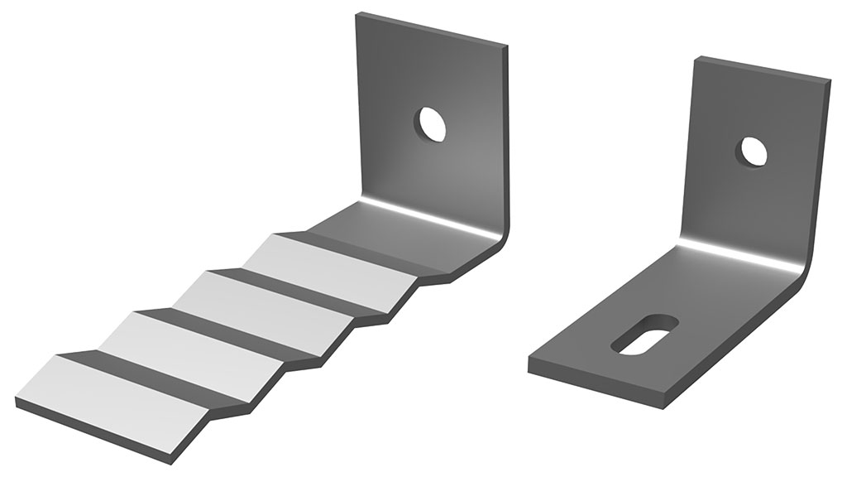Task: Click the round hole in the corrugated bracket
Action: (x=431, y=124)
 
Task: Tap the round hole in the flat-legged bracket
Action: (x=754, y=151)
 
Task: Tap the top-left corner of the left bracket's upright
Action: (x=358, y=13)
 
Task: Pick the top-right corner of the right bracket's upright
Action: (x=829, y=81)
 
